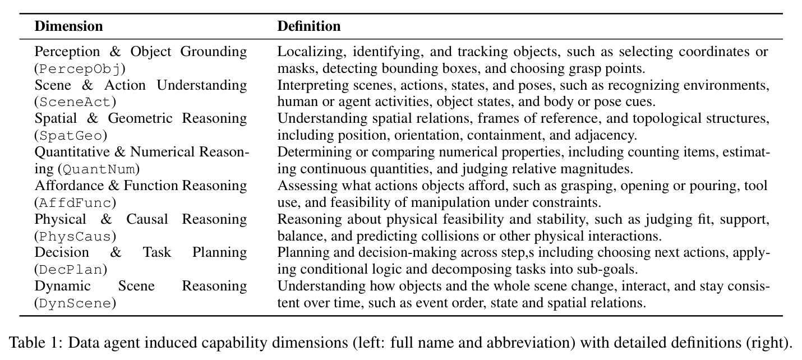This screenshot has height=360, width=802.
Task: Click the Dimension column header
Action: click(x=68, y=26)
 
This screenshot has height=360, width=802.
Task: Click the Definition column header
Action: click(x=308, y=26)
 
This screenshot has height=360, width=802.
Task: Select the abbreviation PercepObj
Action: click(x=80, y=69)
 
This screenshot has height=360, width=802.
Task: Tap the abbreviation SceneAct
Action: click(x=75, y=102)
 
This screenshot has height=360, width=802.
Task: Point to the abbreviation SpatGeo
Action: click(x=71, y=136)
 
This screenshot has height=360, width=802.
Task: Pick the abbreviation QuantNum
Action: click(x=99, y=169)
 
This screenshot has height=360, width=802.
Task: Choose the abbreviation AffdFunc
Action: click(x=75, y=203)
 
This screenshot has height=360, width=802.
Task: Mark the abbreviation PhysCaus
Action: click(x=75, y=236)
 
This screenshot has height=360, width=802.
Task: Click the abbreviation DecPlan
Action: click(x=71, y=270)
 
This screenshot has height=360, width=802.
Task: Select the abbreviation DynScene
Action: click(x=75, y=303)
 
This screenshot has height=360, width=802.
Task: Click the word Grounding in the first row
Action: click(x=213, y=52)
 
